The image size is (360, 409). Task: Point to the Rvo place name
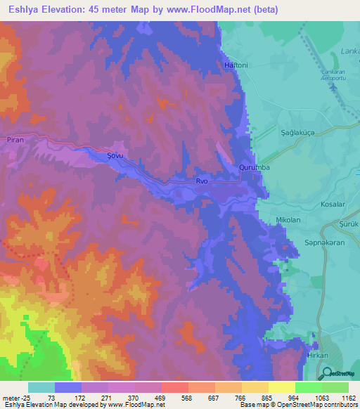point(202,181)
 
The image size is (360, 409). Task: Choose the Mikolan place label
point(288,220)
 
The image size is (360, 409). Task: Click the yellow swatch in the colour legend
point(281,387)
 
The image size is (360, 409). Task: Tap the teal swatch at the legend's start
point(41,387)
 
